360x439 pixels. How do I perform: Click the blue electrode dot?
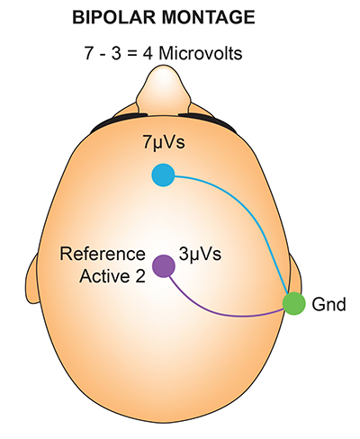pyautogui.click(x=163, y=175)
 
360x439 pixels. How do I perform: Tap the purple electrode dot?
pyautogui.click(x=164, y=266)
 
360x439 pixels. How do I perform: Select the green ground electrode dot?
pyautogui.click(x=294, y=303)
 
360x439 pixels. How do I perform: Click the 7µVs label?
pyautogui.click(x=164, y=143)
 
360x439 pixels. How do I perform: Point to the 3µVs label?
pyautogui.click(x=200, y=255)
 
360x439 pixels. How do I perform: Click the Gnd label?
pyautogui.click(x=328, y=304)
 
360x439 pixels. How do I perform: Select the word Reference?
pyautogui.click(x=103, y=254)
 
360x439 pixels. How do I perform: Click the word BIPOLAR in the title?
pyautogui.click(x=114, y=17)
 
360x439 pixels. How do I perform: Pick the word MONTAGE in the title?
pyautogui.click(x=209, y=17)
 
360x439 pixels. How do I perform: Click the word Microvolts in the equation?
pyautogui.click(x=200, y=54)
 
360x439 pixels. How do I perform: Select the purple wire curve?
pyautogui.click(x=222, y=312)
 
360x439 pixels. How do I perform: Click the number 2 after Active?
pyautogui.click(x=140, y=276)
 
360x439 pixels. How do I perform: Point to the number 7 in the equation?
pyautogui.click(x=88, y=54)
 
